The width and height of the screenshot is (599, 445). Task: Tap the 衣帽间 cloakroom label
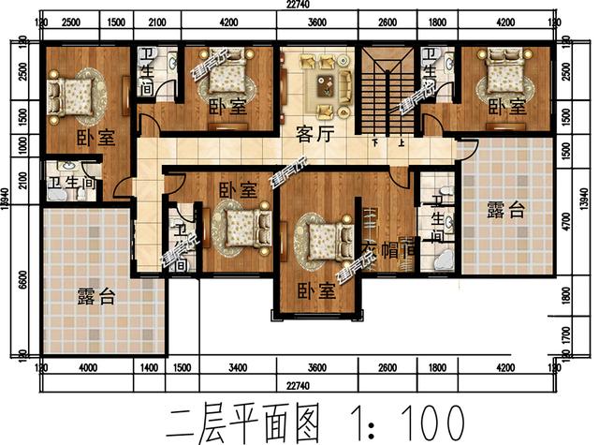coord(387,250)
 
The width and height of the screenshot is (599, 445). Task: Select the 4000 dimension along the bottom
coord(88,367)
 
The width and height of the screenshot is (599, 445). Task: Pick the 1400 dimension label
coord(150,367)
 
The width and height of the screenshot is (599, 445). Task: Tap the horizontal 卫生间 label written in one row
coord(70,183)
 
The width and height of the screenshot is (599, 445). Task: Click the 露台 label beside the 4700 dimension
coord(505,211)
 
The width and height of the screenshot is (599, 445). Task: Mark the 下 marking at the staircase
coord(376,143)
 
